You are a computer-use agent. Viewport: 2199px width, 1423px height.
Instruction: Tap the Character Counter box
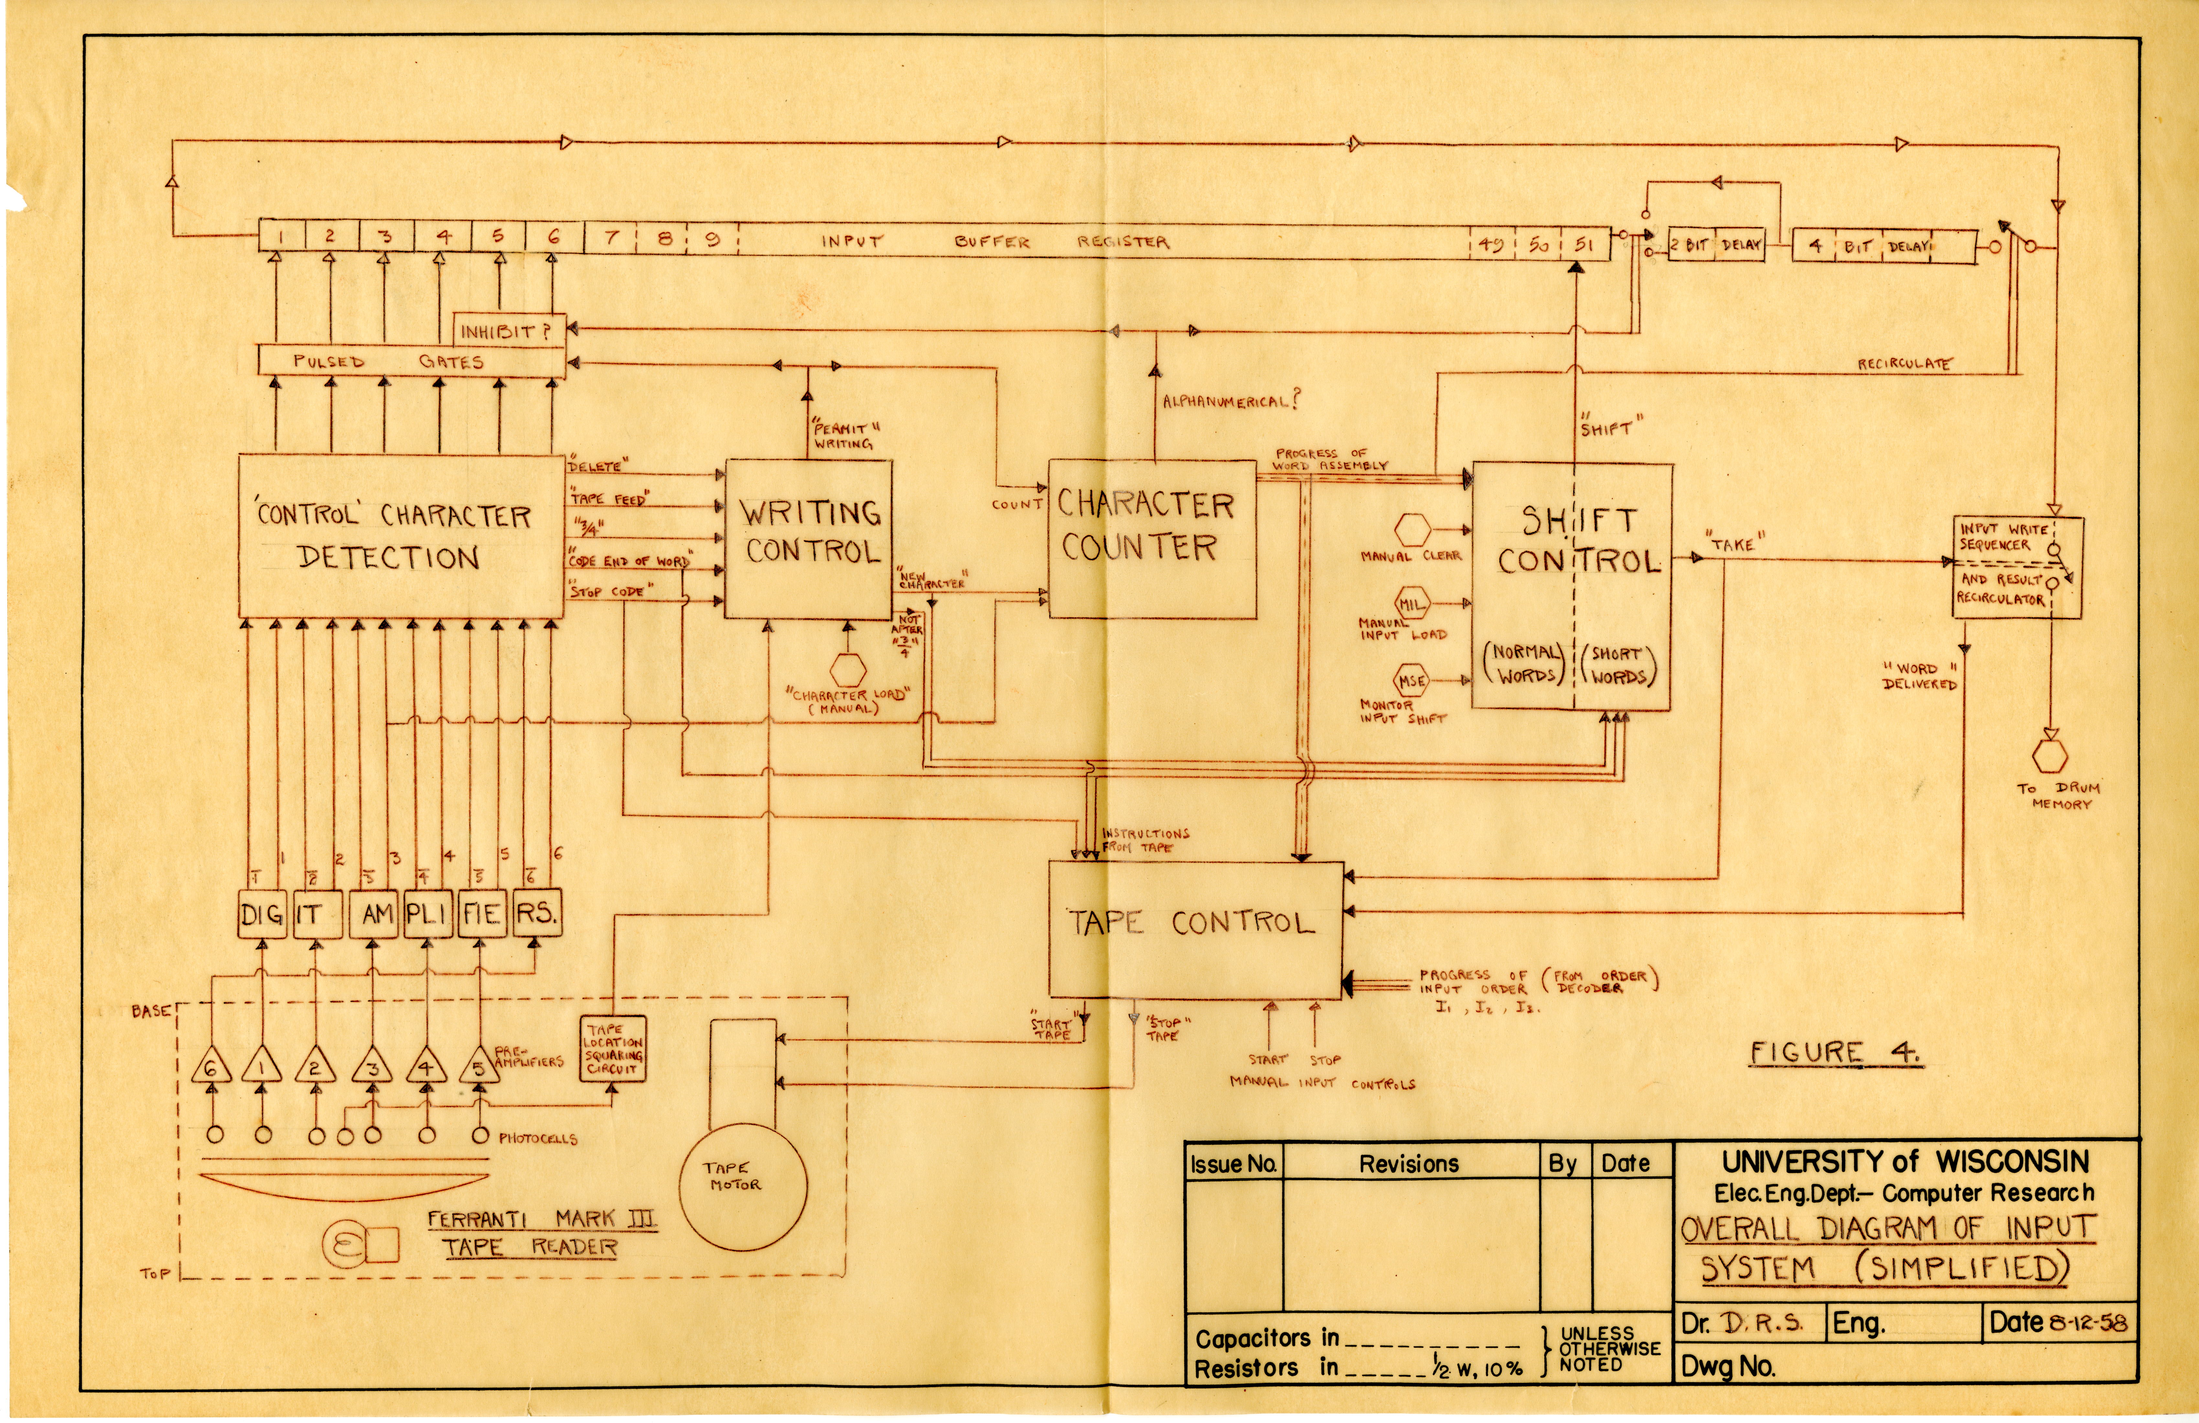point(1152,539)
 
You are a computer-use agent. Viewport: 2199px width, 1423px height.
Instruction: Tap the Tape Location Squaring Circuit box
point(612,1049)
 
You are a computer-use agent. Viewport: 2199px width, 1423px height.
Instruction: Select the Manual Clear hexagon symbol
point(1412,530)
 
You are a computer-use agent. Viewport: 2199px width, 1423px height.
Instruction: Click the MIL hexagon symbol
point(1411,604)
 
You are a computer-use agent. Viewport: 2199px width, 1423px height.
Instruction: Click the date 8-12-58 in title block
point(2086,1322)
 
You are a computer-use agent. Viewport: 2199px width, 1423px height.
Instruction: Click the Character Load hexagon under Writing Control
point(847,669)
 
